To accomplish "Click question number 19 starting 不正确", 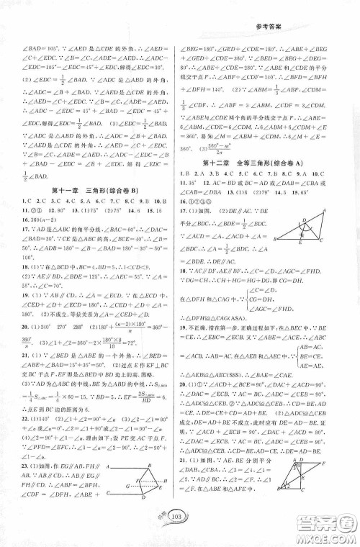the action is pyautogui.click(x=190, y=345).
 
